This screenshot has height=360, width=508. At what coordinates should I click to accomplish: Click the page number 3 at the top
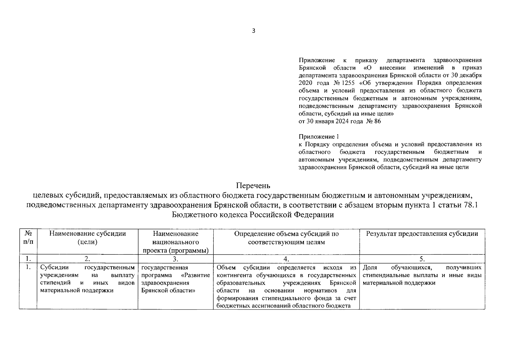[254, 31]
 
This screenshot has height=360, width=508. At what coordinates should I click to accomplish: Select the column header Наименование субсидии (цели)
[88, 238]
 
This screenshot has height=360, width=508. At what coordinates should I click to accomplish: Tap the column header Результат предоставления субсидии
[422, 234]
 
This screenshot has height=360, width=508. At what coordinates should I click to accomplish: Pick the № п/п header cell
[28, 238]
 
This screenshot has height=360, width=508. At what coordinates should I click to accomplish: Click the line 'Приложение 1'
[319, 137]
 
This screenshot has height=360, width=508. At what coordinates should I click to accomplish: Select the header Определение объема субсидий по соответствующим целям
[286, 238]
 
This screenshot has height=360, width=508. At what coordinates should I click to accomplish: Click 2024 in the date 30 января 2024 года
[342, 121]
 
